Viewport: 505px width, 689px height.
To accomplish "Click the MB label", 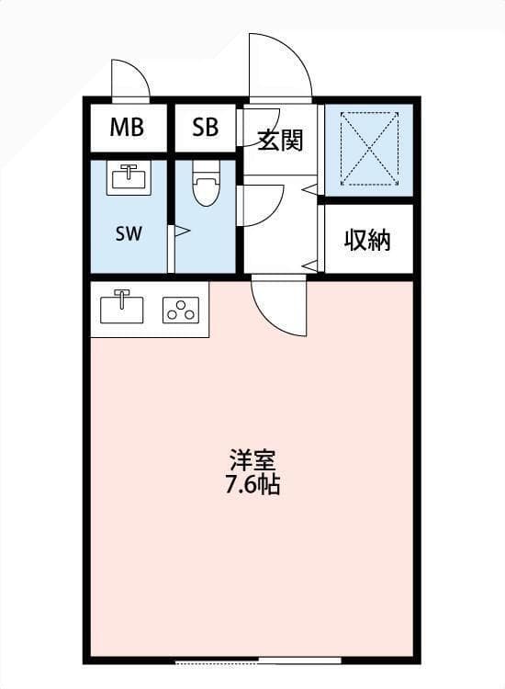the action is [x=127, y=127].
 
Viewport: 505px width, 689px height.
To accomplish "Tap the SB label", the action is [x=205, y=127].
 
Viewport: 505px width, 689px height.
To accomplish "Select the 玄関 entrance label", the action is [x=280, y=141].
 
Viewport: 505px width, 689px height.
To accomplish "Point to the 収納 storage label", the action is [x=367, y=240].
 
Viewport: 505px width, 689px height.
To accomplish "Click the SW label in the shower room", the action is [x=129, y=233].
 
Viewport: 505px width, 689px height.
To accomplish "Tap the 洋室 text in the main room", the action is [x=253, y=460].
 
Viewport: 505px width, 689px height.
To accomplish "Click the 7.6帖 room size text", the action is [x=252, y=484].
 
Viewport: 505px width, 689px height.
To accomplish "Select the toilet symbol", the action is [x=206, y=183].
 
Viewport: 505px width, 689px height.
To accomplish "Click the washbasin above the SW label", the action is [x=129, y=177].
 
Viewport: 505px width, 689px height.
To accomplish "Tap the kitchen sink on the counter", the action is [x=121, y=306].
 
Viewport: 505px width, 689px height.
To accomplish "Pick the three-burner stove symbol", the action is [x=181, y=311].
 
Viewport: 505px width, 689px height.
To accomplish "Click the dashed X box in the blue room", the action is [x=370, y=149].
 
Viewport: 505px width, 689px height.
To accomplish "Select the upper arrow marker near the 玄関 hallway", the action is [x=310, y=189].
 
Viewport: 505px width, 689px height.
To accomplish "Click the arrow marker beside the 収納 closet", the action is [x=310, y=265].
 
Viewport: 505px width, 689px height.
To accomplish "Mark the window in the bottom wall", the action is [x=258, y=661].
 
